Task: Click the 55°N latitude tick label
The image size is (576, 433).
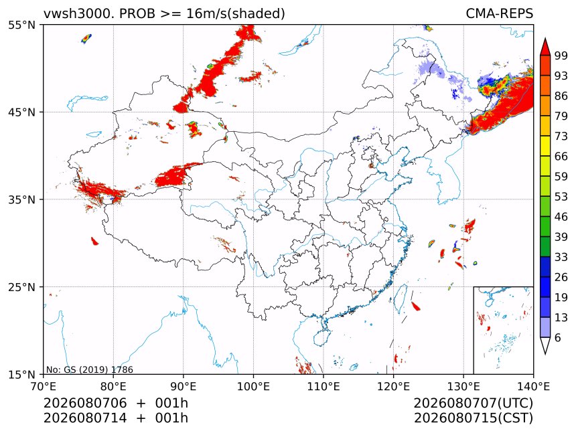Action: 21,25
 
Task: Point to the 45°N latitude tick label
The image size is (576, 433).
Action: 21,112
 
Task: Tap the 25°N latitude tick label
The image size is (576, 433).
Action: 21,287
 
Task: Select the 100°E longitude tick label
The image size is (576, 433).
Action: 253,386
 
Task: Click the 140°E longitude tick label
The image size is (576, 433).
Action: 533,386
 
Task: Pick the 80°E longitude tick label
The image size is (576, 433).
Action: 113,386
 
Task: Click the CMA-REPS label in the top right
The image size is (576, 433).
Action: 499,13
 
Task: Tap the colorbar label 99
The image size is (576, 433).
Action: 561,56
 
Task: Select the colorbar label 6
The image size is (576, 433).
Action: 558,337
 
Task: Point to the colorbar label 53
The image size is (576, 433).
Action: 561,197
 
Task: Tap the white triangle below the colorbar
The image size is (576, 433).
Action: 545,344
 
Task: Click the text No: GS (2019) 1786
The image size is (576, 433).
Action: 90,369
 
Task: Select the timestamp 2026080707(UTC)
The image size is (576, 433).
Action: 473,403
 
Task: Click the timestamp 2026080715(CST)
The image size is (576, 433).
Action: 473,418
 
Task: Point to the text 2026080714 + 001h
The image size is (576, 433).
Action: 116,418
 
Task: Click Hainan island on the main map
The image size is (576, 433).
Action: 322,337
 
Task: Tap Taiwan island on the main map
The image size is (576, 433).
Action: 400,298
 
